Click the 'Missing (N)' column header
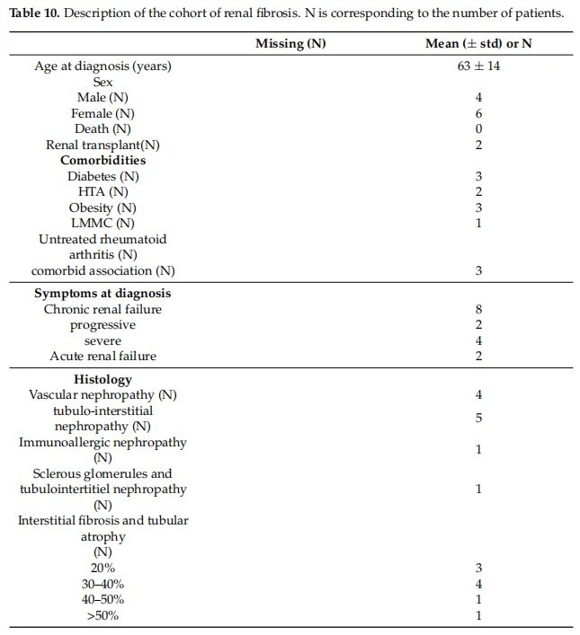(290, 44)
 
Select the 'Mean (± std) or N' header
(478, 44)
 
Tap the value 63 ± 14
(478, 66)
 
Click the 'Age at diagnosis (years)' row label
(103, 66)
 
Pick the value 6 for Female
(478, 113)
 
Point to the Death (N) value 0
(478, 128)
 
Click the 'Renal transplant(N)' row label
(103, 145)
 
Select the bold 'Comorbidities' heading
(103, 161)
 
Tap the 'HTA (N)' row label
(103, 192)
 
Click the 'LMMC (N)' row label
(103, 223)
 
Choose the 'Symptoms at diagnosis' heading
(103, 294)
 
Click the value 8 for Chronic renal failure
(478, 309)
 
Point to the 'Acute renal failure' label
(103, 356)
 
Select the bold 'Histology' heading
(103, 379)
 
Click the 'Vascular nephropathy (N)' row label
(103, 395)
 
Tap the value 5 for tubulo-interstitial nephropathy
(478, 418)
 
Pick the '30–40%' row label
(103, 584)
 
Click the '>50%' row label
(103, 615)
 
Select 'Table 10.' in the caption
(34, 13)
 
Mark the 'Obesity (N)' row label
(103, 207)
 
